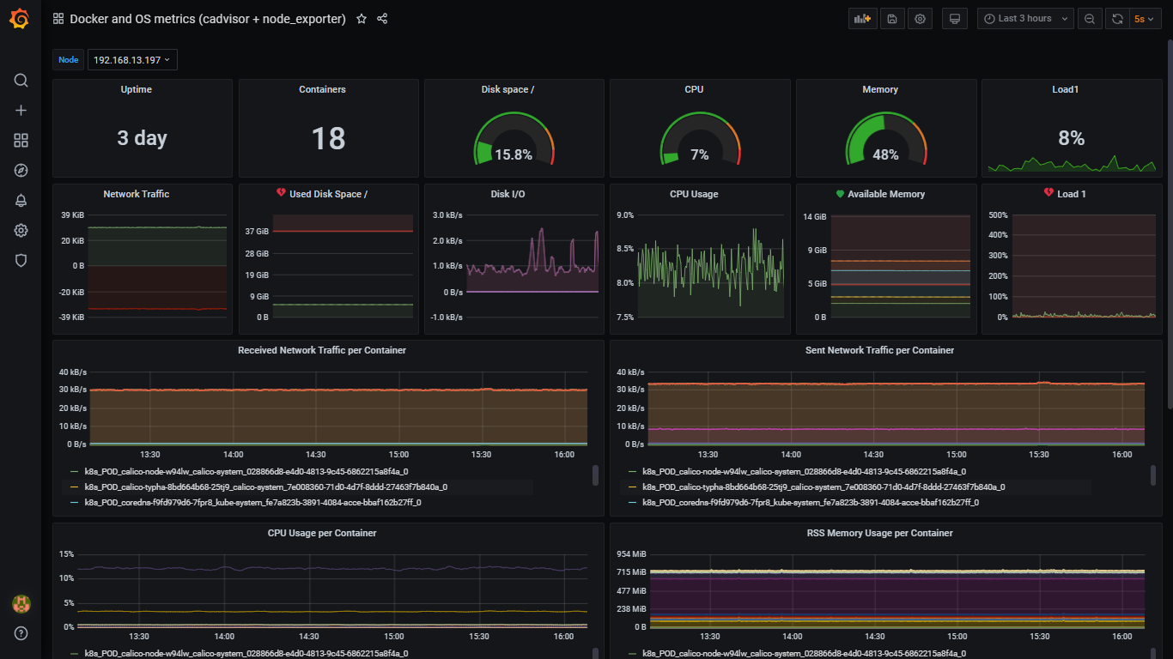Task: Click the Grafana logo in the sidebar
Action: coord(21,19)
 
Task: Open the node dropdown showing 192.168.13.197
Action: coord(132,60)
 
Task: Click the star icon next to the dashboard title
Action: coord(362,19)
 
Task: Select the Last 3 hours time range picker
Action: coord(1025,19)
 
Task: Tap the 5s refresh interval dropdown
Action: coord(1143,19)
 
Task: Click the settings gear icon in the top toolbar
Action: coord(921,19)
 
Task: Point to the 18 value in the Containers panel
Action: coord(328,138)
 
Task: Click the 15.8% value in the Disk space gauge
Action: coord(514,155)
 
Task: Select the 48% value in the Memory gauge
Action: coord(885,155)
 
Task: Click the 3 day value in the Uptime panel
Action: coord(143,138)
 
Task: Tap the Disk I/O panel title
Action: coord(507,194)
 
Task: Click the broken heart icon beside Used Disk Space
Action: coord(281,194)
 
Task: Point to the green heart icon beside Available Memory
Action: coord(840,194)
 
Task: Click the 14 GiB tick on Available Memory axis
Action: coord(814,216)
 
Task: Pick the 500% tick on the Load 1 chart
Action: coord(997,215)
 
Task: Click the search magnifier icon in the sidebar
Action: coord(21,81)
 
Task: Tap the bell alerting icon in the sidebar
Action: coord(21,201)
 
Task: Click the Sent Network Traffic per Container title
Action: coord(879,350)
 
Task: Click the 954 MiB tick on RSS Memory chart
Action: coord(631,554)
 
